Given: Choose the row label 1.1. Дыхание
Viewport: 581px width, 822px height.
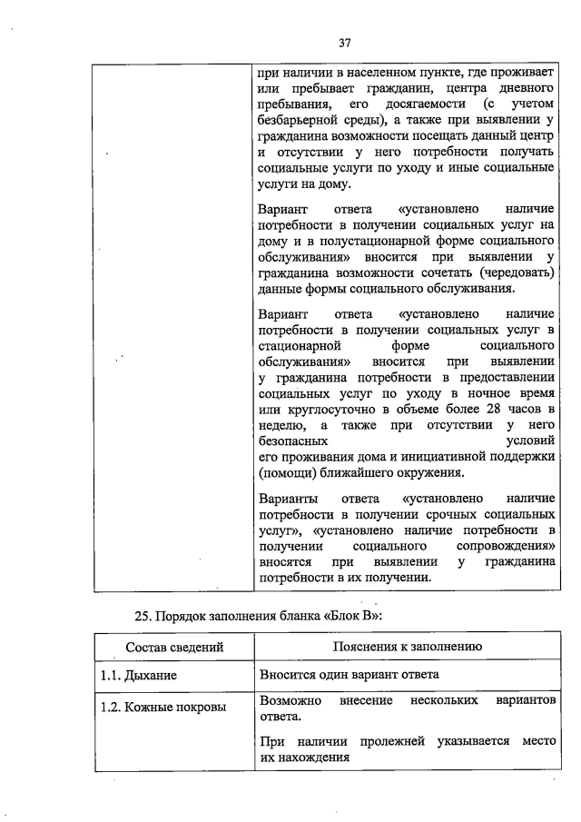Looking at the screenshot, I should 138,676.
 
